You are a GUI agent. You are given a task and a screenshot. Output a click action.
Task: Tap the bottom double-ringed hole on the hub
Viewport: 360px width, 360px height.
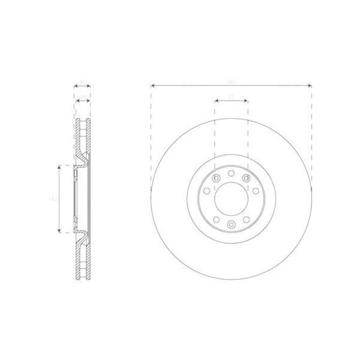click(x=231, y=224)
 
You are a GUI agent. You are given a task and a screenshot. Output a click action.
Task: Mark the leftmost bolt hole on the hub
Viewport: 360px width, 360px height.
click(x=206, y=191)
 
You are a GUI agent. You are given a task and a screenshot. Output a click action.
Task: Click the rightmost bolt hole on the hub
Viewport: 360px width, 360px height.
click(x=256, y=191)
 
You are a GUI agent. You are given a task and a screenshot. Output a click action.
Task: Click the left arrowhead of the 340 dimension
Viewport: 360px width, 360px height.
click(x=153, y=85)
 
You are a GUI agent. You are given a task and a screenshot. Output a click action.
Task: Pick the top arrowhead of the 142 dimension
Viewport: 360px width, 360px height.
click(x=59, y=166)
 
